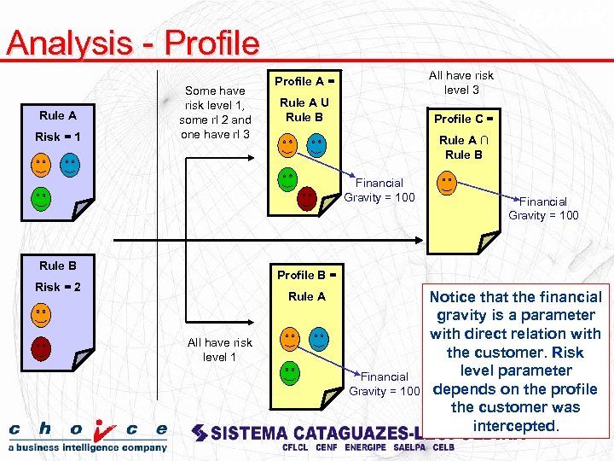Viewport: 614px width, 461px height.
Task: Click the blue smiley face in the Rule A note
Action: pyautogui.click(x=69, y=165)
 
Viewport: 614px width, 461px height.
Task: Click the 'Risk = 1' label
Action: pyautogui.click(x=58, y=137)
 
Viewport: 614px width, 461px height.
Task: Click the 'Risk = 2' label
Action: pyautogui.click(x=58, y=287)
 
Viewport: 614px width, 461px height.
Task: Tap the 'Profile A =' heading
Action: pyautogui.click(x=303, y=81)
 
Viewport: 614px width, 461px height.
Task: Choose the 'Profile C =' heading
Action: pyautogui.click(x=463, y=119)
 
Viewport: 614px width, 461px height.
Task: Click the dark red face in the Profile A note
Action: pyautogui.click(x=307, y=199)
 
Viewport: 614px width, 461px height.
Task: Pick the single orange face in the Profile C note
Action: pyautogui.click(x=446, y=182)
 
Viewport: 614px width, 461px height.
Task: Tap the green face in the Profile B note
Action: pyautogui.click(x=290, y=372)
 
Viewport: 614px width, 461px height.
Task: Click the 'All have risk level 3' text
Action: pyautogui.click(x=460, y=82)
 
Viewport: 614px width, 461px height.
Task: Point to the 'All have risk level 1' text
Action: pyautogui.click(x=219, y=349)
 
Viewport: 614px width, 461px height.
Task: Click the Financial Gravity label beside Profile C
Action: pyautogui.click(x=543, y=208)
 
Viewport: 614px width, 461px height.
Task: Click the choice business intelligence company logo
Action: pyautogui.click(x=88, y=435)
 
